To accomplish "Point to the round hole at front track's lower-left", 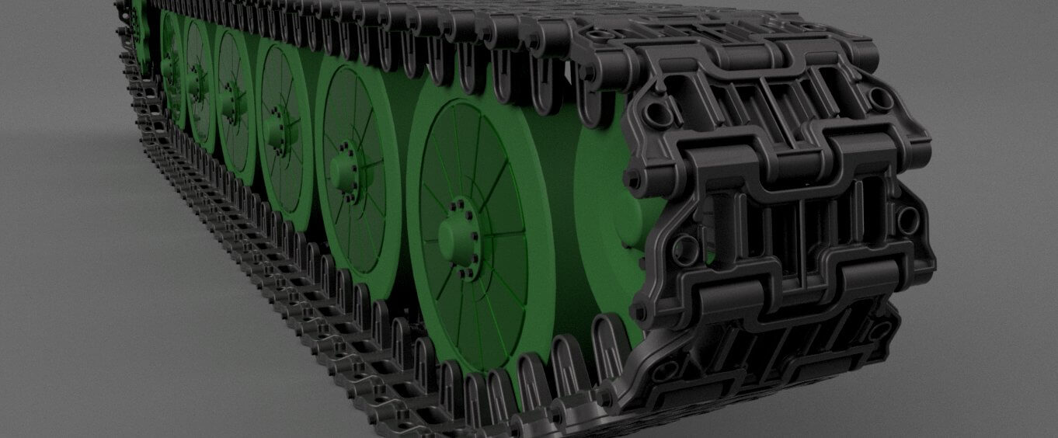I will coord(687,249).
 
